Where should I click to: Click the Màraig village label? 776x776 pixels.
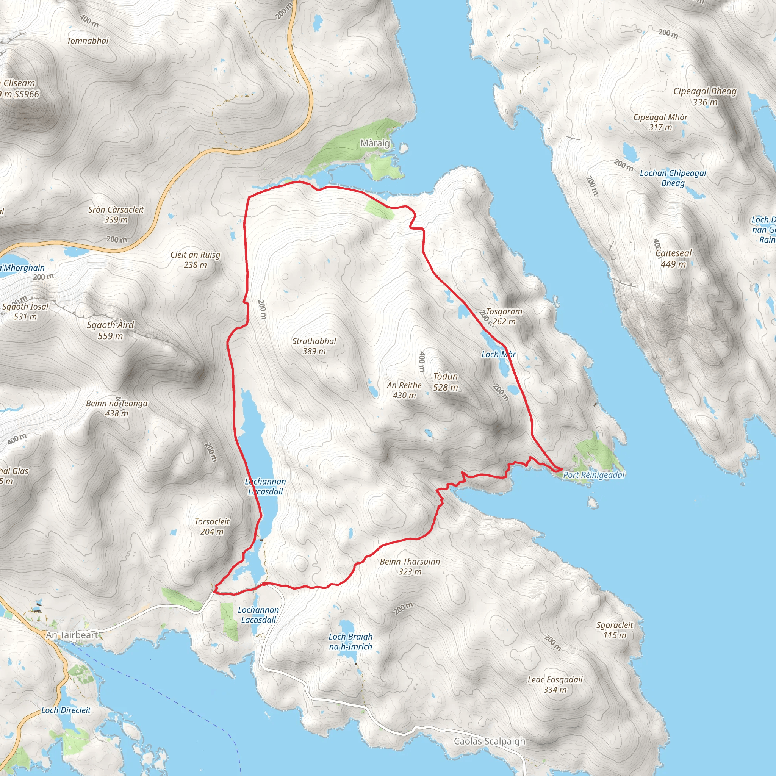point(375,143)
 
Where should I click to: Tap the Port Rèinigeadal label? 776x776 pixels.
point(594,475)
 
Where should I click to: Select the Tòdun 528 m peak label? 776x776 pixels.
point(446,382)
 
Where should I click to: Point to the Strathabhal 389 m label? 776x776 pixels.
point(314,346)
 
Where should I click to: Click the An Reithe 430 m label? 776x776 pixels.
point(404,390)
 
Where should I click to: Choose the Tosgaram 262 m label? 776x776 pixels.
point(504,316)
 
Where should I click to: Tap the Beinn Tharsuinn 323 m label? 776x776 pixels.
point(410,566)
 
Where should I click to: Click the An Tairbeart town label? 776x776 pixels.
point(72,635)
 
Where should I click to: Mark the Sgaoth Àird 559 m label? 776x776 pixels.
point(111,330)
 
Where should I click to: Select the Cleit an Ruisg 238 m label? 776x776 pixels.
point(195,260)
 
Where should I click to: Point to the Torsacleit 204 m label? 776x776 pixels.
point(212,526)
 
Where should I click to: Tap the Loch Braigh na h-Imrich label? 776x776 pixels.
point(350,641)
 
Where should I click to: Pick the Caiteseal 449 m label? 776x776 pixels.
point(674,258)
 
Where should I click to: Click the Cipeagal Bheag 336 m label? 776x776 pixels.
point(705,96)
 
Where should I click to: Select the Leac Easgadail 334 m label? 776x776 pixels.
point(555,684)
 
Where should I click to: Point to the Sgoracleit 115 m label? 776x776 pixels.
point(615,630)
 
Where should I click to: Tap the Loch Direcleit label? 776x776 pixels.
point(66,710)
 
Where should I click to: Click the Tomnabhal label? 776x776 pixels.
point(88,41)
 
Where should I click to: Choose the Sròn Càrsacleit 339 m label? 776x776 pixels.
point(116,214)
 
